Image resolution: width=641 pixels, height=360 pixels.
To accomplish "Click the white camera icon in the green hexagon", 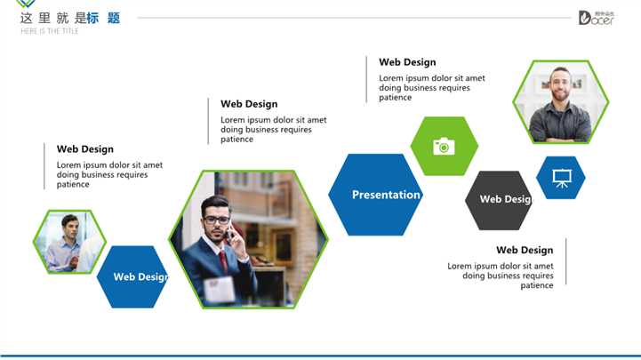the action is [x=444, y=147].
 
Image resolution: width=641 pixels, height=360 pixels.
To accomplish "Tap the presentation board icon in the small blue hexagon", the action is [x=562, y=178].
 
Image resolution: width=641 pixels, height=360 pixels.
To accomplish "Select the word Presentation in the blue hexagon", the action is [x=386, y=195].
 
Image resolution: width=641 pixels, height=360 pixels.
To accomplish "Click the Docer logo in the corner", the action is [x=596, y=18].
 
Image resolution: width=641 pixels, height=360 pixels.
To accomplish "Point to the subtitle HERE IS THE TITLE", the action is [x=50, y=31].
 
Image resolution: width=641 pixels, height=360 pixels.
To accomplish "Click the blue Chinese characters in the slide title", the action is [x=103, y=18].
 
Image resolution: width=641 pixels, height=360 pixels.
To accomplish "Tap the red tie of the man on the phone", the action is [x=223, y=260].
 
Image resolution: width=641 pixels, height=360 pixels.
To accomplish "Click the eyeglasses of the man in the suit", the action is [x=216, y=220].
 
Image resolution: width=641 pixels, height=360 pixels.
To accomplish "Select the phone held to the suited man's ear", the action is [x=229, y=233].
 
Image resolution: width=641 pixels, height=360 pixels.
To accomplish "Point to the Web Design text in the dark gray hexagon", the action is [x=506, y=199].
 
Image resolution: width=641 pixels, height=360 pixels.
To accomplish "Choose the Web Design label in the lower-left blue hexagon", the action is [x=140, y=276].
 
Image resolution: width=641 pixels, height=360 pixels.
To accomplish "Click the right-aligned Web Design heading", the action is [x=525, y=250].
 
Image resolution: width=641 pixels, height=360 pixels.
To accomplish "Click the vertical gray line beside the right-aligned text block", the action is [x=566, y=261].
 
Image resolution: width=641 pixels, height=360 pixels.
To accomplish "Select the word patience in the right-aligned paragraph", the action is [x=537, y=285].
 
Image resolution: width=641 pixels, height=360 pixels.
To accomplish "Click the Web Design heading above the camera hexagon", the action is [x=407, y=62].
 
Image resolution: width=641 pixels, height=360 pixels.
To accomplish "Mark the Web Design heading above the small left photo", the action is [x=85, y=149].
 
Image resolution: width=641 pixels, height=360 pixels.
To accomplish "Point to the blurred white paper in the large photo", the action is [x=219, y=290].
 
